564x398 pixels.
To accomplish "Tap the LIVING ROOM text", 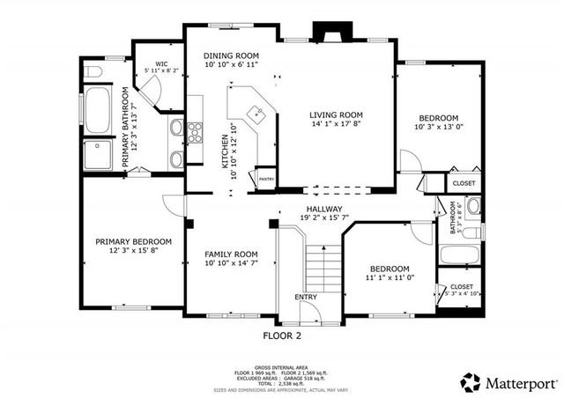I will (336, 114).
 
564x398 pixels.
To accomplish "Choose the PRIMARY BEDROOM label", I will (133, 241).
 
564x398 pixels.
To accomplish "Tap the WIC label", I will (161, 64).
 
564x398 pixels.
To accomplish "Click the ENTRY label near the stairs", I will (306, 297).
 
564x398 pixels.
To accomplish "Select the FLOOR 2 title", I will (282, 335).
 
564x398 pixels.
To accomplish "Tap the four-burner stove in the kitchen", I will (194, 132).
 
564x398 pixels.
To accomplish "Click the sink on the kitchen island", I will (256, 113).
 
